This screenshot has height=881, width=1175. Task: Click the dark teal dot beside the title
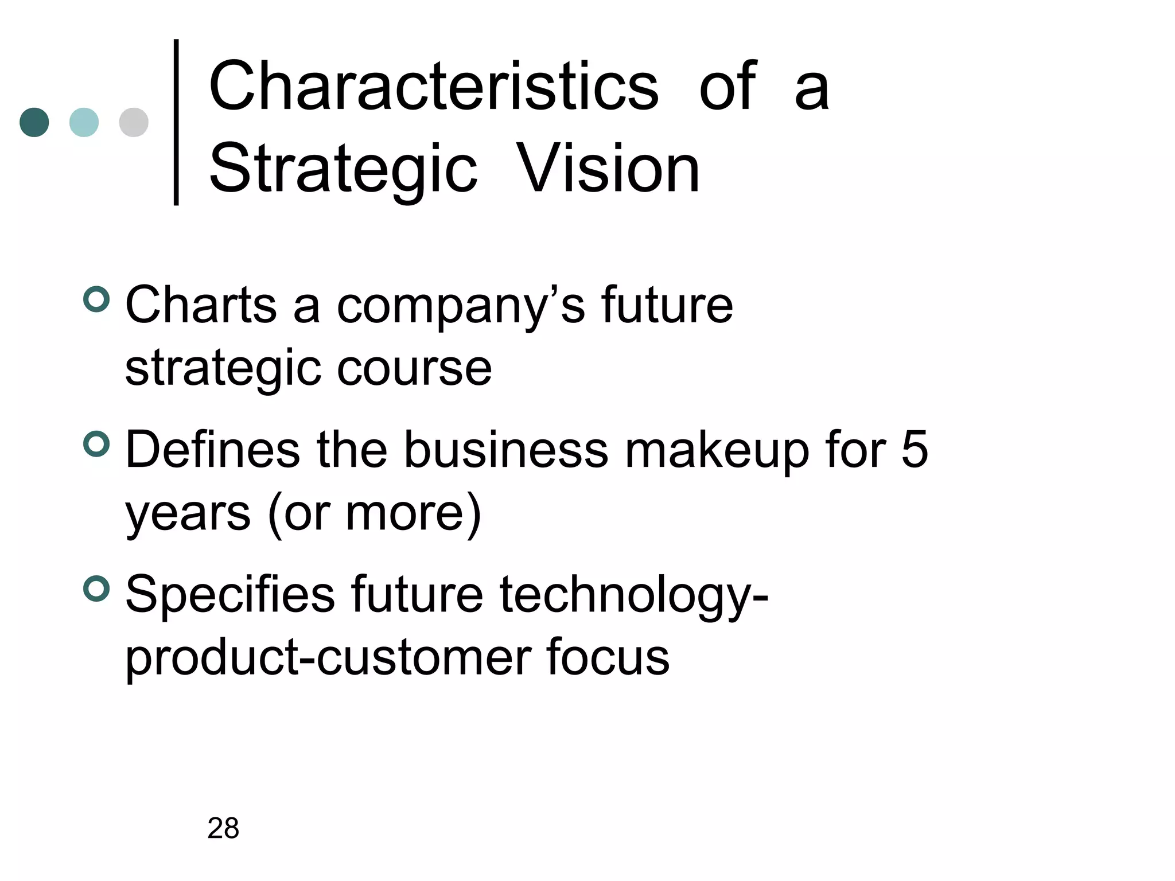pos(34,122)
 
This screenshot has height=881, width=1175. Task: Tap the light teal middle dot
pos(84,122)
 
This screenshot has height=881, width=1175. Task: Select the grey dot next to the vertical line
pos(134,122)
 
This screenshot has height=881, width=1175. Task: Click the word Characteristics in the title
pos(434,87)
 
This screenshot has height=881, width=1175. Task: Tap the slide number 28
pos(223,828)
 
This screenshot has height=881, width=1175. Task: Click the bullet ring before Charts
pos(96,299)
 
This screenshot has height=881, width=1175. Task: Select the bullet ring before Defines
pos(96,444)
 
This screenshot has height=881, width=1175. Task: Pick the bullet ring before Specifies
pos(96,589)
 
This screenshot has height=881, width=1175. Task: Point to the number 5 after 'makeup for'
pos(915,450)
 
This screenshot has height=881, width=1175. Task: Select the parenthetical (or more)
pos(374,513)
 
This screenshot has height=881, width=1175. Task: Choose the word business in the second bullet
pos(506,450)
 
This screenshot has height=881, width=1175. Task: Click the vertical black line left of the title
pos(176,122)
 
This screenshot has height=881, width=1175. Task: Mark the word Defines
pos(212,450)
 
